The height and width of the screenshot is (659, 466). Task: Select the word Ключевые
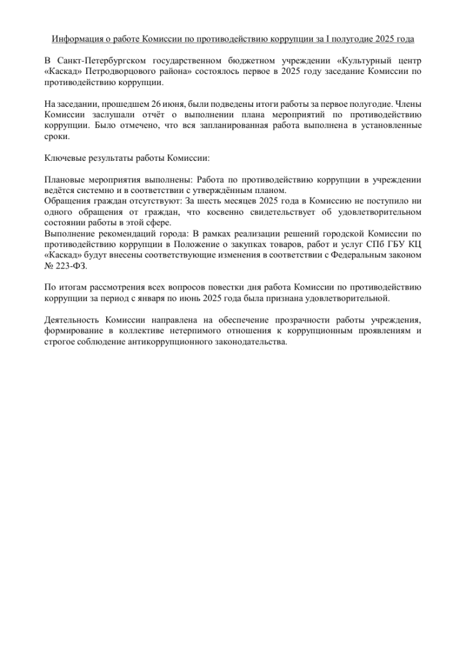[63, 158]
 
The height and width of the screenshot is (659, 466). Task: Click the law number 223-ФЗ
[71, 266]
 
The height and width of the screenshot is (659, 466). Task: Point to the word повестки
[245, 287]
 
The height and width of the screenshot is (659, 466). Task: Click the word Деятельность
[75, 319]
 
